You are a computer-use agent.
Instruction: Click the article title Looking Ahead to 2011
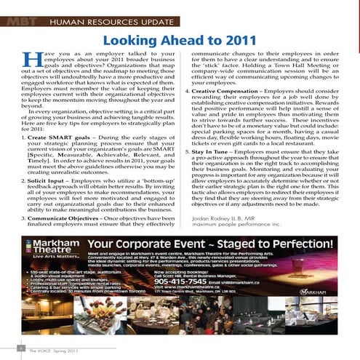180,39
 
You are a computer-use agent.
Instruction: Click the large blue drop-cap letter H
33,62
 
